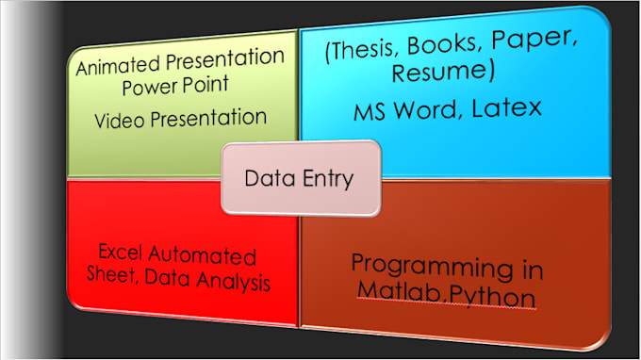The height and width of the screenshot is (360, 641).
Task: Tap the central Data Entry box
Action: click(x=301, y=176)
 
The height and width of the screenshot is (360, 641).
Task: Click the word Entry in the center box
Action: click(x=326, y=176)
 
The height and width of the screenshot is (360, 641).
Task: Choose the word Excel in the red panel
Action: click(x=122, y=254)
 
